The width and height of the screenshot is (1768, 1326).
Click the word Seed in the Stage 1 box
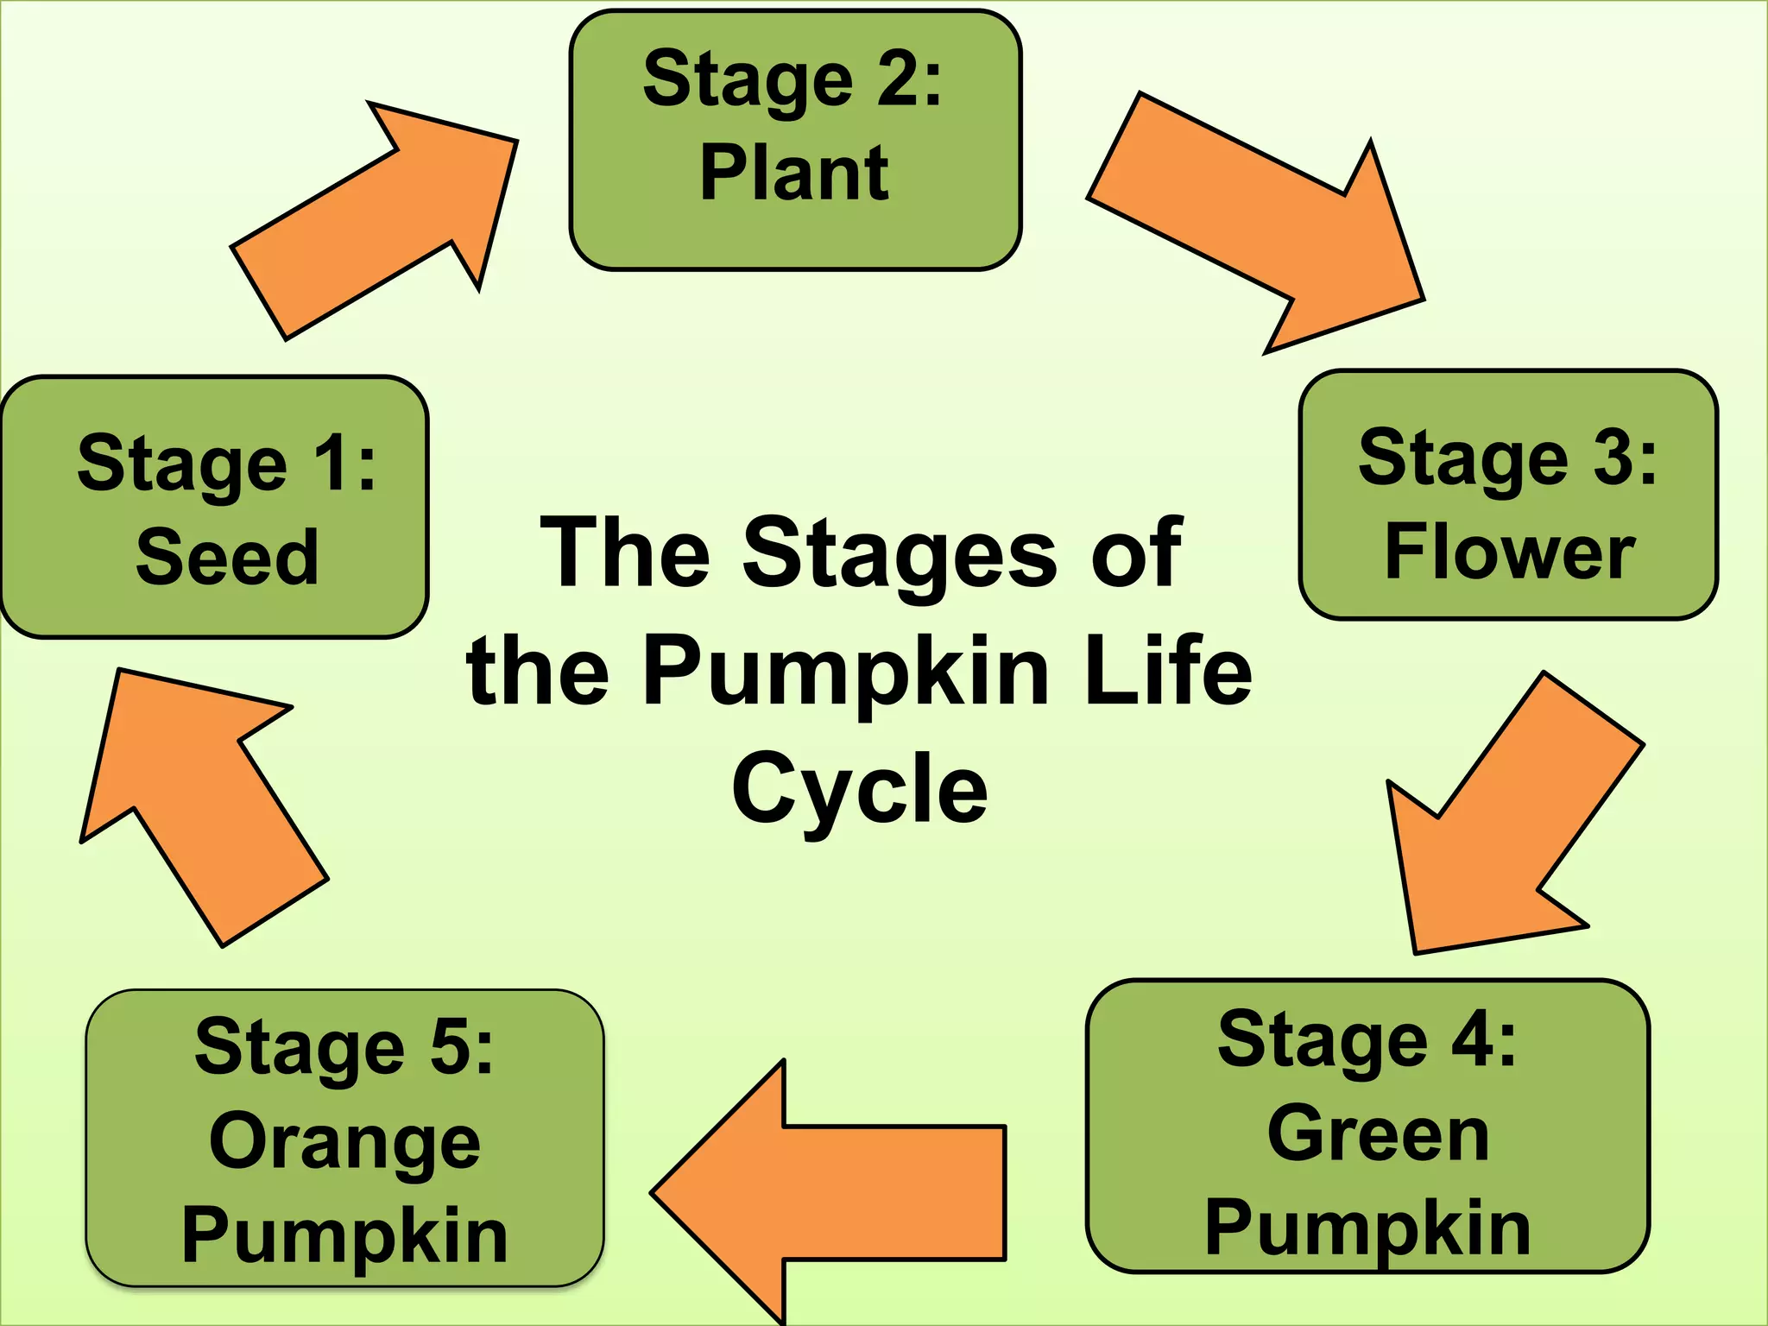(x=227, y=558)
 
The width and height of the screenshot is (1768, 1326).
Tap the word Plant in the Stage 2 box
(x=794, y=174)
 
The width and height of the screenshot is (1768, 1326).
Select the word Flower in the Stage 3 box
(x=1509, y=552)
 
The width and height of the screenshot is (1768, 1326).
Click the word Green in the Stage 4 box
(x=1378, y=1133)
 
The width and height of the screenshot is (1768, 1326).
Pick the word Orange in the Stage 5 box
(x=344, y=1143)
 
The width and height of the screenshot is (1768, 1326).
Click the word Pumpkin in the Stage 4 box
(x=1368, y=1228)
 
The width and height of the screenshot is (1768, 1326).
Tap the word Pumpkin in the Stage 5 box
(x=344, y=1236)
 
